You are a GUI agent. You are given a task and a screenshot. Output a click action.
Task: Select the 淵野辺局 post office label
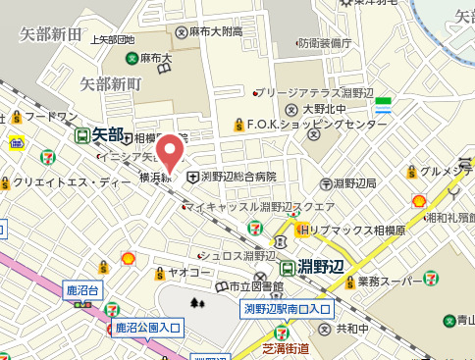pos(354,183)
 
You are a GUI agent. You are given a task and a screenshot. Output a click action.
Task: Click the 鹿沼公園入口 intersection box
pos(146,328)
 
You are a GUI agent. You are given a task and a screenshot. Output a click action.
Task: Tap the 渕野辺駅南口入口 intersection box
pos(287,309)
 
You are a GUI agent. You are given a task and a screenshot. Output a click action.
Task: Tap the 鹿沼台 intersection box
pos(82,290)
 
